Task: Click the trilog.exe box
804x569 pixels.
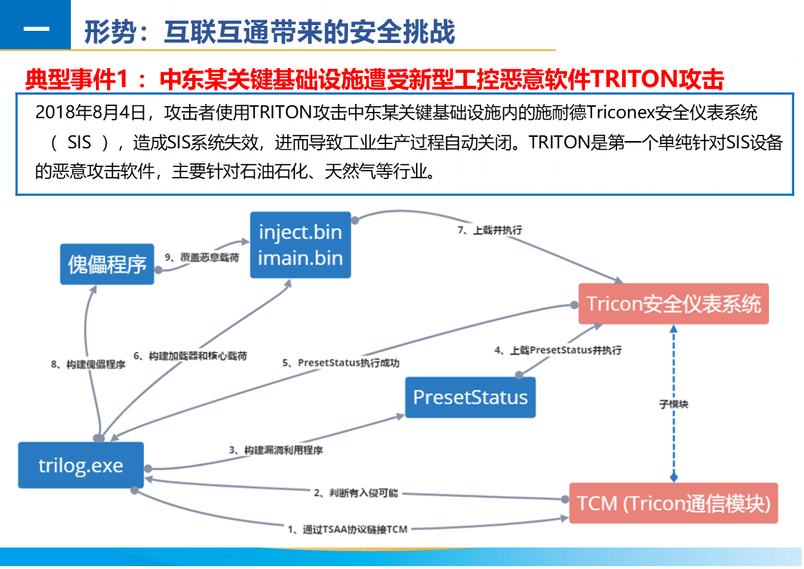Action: [81, 466]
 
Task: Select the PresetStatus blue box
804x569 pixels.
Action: [470, 398]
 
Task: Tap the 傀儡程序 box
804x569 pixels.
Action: [107, 264]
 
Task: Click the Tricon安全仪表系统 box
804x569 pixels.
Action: [673, 303]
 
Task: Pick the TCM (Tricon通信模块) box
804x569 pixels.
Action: [673, 503]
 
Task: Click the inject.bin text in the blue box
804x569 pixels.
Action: [300, 232]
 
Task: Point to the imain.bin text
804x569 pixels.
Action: [300, 257]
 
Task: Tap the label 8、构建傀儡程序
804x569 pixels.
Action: [88, 365]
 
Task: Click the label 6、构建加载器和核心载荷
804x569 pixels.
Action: [191, 356]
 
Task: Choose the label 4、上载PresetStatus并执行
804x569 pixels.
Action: [558, 350]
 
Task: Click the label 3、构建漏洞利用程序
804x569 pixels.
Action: [276, 450]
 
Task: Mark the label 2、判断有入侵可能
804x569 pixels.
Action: [356, 493]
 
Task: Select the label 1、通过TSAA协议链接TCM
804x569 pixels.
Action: [347, 530]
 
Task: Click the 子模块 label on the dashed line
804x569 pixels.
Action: [674, 404]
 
